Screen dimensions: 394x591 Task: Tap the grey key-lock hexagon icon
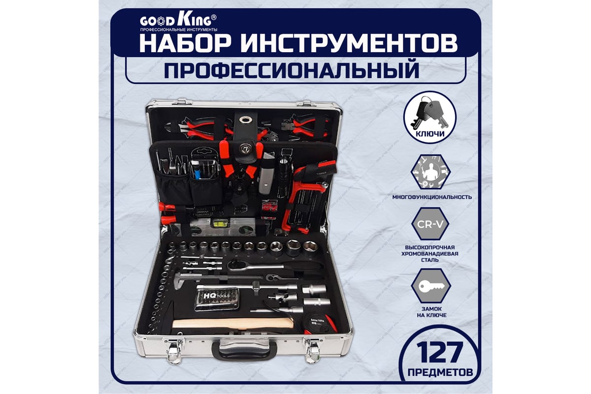430,288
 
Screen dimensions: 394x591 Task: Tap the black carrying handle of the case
244,351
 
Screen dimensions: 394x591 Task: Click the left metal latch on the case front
173,351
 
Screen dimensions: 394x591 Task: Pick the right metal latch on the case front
313,351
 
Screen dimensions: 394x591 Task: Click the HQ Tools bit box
217,298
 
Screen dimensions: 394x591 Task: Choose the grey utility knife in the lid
266,175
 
